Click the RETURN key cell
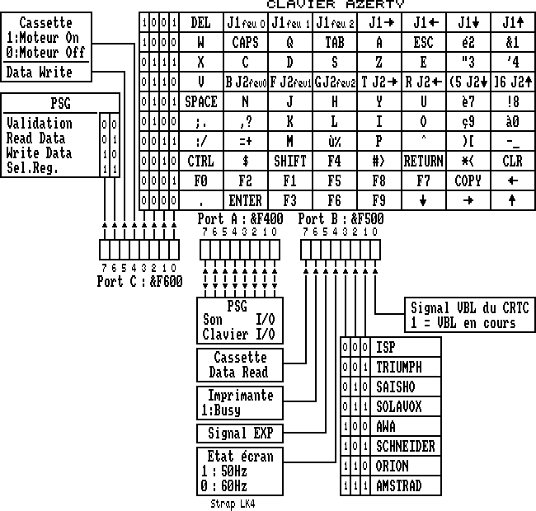click(423, 162)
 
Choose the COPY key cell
click(468, 180)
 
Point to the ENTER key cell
click(245, 200)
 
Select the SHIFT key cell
click(289, 162)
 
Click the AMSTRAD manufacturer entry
click(399, 486)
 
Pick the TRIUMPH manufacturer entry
click(399, 367)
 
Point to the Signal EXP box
click(240, 434)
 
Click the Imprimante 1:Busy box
click(240, 401)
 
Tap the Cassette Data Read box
click(240, 365)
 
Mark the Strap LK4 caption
click(233, 504)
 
